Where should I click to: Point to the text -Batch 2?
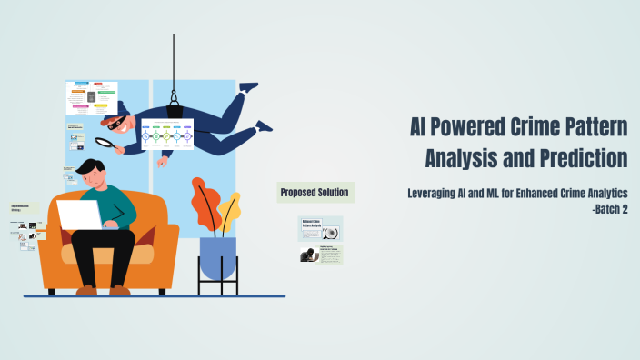609,210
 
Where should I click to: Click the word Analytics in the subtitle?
603,195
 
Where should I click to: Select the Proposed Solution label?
314,192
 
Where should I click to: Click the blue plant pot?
217,256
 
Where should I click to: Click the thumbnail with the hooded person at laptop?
321,255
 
